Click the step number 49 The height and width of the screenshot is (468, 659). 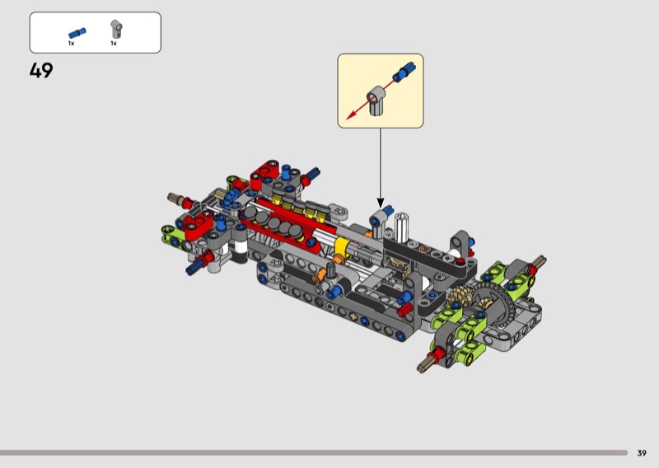pos(41,70)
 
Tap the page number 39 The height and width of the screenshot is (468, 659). pos(642,453)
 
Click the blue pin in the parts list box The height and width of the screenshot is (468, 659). pos(77,33)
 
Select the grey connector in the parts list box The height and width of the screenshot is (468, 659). pos(116,30)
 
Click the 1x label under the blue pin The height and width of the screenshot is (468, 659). pos(71,44)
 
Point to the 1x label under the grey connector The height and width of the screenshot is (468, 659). pos(114,44)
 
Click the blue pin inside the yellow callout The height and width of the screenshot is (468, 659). pos(404,72)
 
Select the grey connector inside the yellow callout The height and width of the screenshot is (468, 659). pos(376,100)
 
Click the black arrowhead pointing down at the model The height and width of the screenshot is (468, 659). pos(381,203)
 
